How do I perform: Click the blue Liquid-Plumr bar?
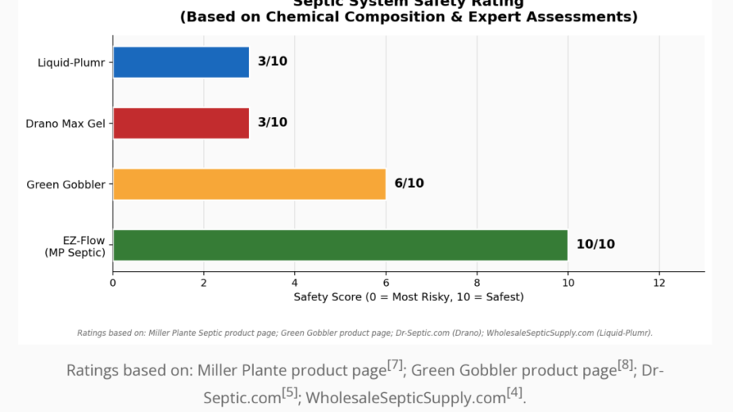pos(181,62)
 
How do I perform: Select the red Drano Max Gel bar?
pos(181,123)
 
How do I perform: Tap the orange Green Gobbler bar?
pos(249,184)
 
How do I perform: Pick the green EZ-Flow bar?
pos(340,245)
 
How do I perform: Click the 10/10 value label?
pos(595,245)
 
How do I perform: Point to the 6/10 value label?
pos(409,184)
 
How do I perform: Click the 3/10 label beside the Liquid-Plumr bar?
pos(272,62)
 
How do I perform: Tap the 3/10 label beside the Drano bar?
pos(272,123)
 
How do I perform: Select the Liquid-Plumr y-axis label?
pos(71,63)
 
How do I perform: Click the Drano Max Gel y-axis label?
pos(65,124)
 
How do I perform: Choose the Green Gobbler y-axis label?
pos(66,185)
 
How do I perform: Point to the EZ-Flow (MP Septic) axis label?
pos(75,246)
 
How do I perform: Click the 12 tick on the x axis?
pos(658,283)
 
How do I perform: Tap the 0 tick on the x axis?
pos(113,283)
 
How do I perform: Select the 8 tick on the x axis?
pos(477,283)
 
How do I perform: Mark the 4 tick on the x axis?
pos(294,283)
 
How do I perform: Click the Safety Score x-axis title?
pos(409,297)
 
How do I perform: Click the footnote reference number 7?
pos(395,365)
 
